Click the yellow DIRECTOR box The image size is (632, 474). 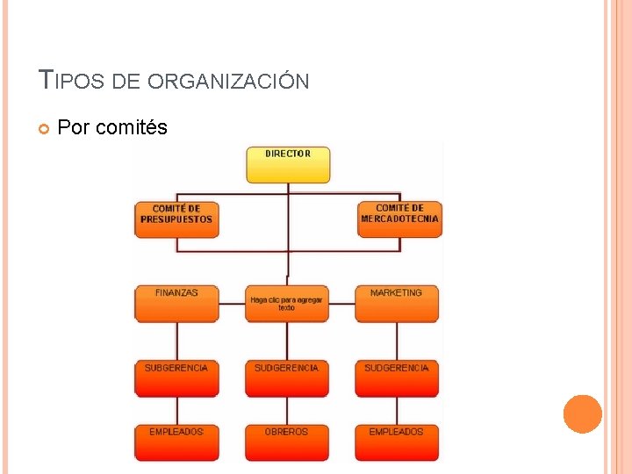288,164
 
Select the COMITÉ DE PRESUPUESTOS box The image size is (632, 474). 176,219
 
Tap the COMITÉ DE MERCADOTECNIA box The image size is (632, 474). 399,219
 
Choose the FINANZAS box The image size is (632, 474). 176,303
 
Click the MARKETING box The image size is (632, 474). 397,303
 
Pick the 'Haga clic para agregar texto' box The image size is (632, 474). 287,303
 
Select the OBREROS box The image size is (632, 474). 287,442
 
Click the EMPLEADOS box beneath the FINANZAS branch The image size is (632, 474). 176,442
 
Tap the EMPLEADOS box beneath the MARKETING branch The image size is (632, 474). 397,442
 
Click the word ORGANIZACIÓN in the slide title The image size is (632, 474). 228,82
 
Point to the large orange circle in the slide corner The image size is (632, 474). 582,413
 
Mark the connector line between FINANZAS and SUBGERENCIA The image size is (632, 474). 176,340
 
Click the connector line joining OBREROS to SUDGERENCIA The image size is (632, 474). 287,411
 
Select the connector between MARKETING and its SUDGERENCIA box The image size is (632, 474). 397,340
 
